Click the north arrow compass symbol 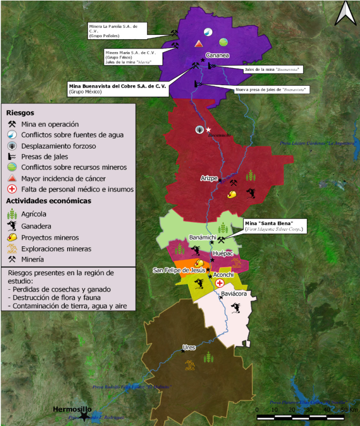pos(344,14)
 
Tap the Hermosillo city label pos(69,409)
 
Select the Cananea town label pos(218,55)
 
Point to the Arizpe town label pos(209,178)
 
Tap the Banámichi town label pos(202,237)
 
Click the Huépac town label pos(223,253)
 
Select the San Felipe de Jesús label pos(179,270)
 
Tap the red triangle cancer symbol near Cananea pos(199,43)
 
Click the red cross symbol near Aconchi pos(219,283)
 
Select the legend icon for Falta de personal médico pos(11,189)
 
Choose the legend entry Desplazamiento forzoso pos(58,145)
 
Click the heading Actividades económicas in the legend pos(48,201)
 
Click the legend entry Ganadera pos(38,225)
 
